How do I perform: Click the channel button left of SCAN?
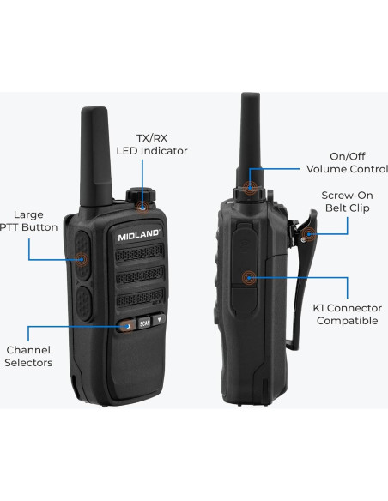(x=125, y=326)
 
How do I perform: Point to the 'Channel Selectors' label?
(x=29, y=356)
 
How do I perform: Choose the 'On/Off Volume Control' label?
(x=340, y=162)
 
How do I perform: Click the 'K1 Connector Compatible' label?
(x=348, y=314)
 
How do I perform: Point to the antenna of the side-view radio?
(x=249, y=129)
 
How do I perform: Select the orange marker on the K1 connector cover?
(x=249, y=276)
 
